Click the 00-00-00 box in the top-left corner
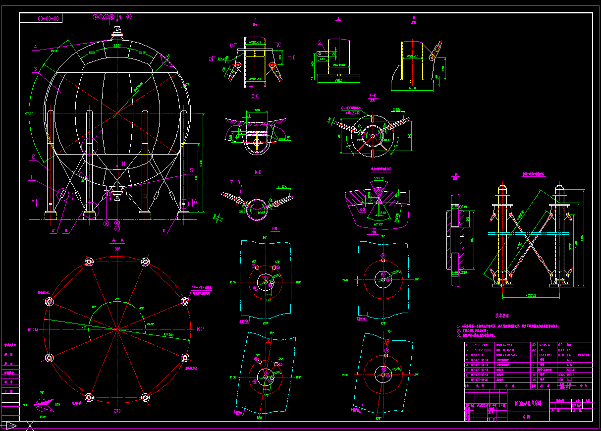[x=49, y=19]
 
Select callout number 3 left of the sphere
[x=36, y=69]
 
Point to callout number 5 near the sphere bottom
[x=191, y=170]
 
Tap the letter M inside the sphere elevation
[x=124, y=164]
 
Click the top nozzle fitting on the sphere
[x=117, y=33]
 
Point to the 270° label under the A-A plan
[x=117, y=410]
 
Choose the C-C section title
[x=256, y=96]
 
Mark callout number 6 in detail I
[x=320, y=42]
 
